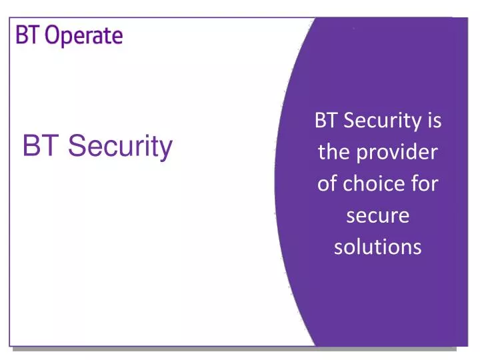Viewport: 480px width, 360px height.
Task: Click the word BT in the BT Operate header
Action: pos(26,35)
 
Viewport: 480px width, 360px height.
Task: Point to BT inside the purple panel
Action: pos(324,121)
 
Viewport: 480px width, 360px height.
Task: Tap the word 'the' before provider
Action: pos(333,153)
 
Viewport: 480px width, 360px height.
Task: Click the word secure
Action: pos(378,216)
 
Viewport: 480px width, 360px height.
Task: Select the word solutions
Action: pos(377,247)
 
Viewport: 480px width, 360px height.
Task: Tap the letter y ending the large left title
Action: pos(165,149)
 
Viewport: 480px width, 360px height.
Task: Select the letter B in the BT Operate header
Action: pos(21,35)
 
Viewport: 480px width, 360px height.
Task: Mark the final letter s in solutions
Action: pos(417,248)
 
